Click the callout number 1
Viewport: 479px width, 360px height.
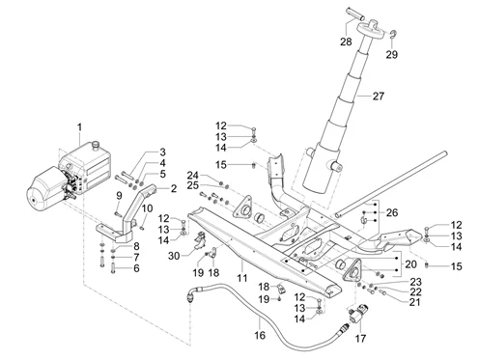click(79, 127)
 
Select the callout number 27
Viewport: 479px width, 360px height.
click(379, 96)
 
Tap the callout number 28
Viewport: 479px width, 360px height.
click(346, 42)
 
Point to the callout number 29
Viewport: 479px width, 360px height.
click(392, 55)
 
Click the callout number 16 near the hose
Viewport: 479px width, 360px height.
click(260, 335)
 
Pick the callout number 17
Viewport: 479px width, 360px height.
click(361, 338)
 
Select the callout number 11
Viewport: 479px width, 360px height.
click(242, 278)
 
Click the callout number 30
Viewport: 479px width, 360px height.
click(174, 256)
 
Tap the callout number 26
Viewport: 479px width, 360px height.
click(392, 212)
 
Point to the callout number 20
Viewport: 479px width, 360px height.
click(410, 264)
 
